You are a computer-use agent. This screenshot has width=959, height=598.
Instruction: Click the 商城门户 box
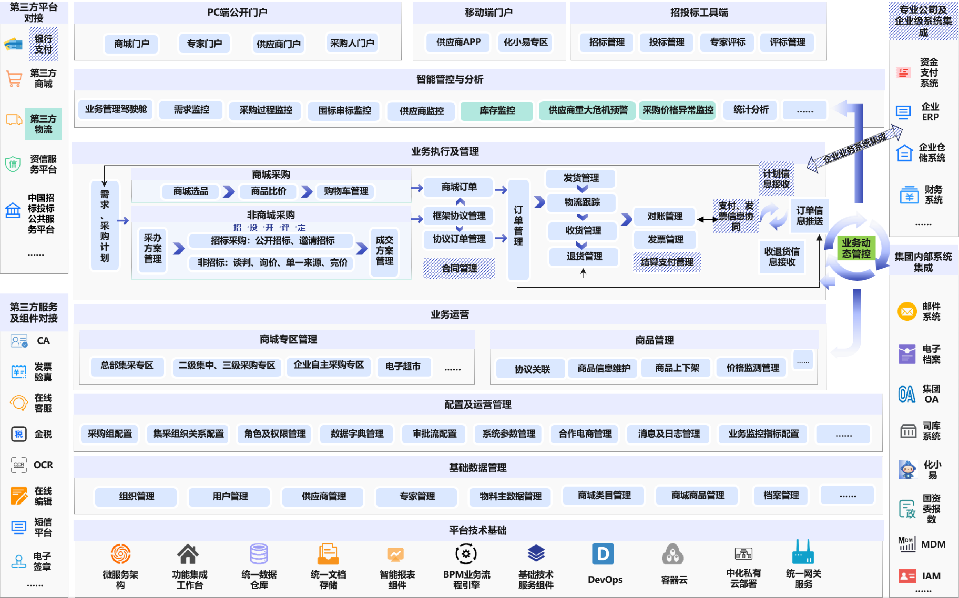(x=132, y=43)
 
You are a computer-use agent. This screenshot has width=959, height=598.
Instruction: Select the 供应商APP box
(x=458, y=42)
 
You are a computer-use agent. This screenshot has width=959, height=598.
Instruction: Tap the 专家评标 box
(x=727, y=42)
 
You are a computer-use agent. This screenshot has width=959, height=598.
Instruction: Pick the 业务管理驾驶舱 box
(x=116, y=109)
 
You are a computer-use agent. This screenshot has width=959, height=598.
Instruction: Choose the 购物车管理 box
(x=346, y=191)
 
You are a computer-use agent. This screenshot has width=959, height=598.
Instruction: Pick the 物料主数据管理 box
(x=510, y=496)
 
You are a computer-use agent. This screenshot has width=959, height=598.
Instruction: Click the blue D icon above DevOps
(x=603, y=554)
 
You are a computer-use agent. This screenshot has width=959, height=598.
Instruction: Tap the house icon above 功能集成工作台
(x=188, y=554)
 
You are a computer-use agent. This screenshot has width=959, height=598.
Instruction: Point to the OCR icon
(x=19, y=465)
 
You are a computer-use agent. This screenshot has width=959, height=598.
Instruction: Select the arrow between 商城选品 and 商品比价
(x=228, y=191)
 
